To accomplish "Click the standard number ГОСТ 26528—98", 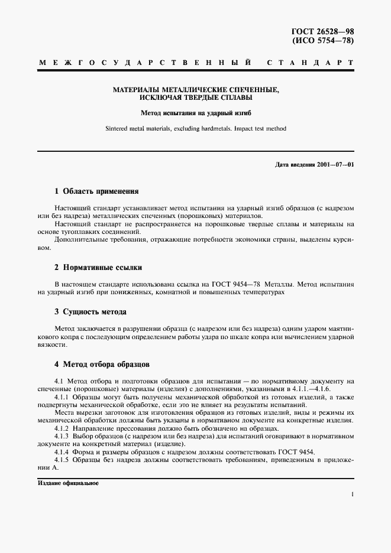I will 323,31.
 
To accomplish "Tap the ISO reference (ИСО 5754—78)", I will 324,41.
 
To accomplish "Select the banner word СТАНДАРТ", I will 310,62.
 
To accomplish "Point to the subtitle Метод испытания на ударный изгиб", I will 195,112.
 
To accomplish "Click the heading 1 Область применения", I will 96,191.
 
